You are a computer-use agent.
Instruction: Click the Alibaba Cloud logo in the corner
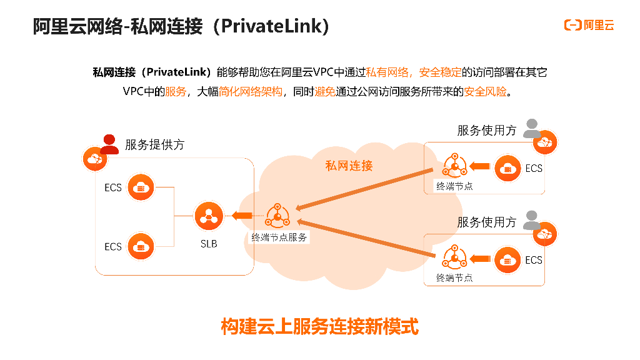click(x=589, y=25)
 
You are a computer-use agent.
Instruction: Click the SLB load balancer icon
click(x=209, y=216)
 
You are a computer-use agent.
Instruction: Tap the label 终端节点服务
click(x=279, y=237)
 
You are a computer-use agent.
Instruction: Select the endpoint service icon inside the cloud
click(x=277, y=216)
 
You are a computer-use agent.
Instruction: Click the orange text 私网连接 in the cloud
click(x=349, y=166)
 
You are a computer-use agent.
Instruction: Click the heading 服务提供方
click(x=154, y=145)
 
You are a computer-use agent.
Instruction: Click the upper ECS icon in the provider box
click(x=141, y=187)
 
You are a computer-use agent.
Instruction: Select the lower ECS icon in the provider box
click(x=141, y=246)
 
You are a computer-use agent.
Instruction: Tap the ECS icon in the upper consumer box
click(x=507, y=167)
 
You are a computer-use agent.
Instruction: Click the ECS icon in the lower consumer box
click(x=507, y=260)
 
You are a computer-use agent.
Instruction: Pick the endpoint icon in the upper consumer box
click(x=454, y=166)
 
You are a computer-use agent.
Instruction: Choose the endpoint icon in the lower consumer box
click(x=454, y=258)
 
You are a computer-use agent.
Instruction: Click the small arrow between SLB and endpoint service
click(x=241, y=216)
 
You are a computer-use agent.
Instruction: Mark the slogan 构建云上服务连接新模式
click(x=319, y=326)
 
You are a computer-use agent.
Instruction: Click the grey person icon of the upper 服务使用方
click(x=532, y=128)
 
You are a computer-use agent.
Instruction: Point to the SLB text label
click(x=209, y=244)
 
